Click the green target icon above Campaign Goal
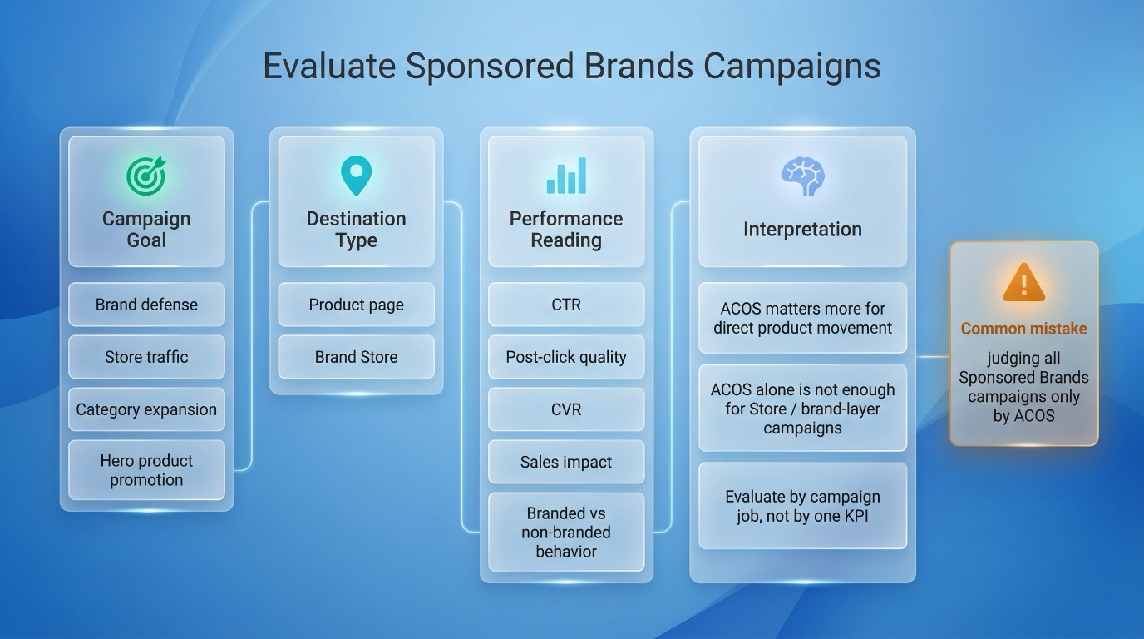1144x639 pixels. (146, 176)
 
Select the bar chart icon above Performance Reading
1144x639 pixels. (566, 176)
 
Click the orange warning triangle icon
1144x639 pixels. (1023, 283)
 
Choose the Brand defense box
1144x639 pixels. (146, 305)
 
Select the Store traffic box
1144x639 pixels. (146, 357)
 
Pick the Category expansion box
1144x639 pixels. (146, 409)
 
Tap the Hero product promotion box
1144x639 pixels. (146, 470)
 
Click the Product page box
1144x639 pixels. (356, 305)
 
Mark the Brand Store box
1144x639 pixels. (356, 357)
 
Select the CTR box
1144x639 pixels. (566, 305)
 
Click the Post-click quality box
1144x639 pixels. (566, 357)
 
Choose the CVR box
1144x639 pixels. (566, 409)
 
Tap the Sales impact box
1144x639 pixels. (566, 462)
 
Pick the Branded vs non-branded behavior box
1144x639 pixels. (566, 532)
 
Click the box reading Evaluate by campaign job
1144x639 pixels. (802, 506)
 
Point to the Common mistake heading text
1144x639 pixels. (1023, 329)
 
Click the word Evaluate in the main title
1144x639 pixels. (328, 67)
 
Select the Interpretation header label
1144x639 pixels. (802, 230)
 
